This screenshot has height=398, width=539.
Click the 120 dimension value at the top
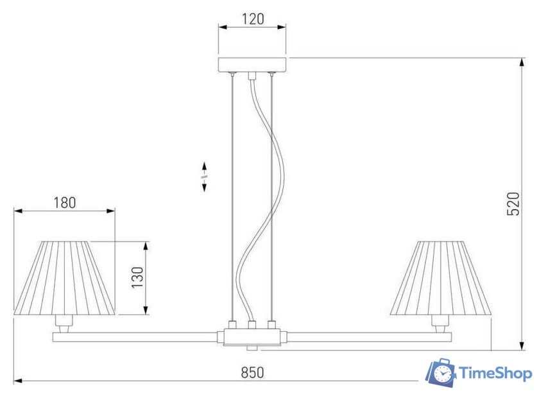pyautogui.click(x=253, y=19)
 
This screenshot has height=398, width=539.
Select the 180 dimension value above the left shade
pyautogui.click(x=65, y=203)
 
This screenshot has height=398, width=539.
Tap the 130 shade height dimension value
pyautogui.click(x=137, y=277)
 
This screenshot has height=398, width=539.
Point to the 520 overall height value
pyautogui.click(x=513, y=204)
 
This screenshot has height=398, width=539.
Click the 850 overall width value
pyautogui.click(x=253, y=372)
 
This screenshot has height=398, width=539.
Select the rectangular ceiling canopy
pyautogui.click(x=252, y=65)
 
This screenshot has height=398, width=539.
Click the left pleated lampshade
pyautogui.click(x=64, y=278)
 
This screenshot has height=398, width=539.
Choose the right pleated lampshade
pyautogui.click(x=441, y=278)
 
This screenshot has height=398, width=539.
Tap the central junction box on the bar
pyautogui.click(x=252, y=337)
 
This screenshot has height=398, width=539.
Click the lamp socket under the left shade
pyautogui.click(x=64, y=324)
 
